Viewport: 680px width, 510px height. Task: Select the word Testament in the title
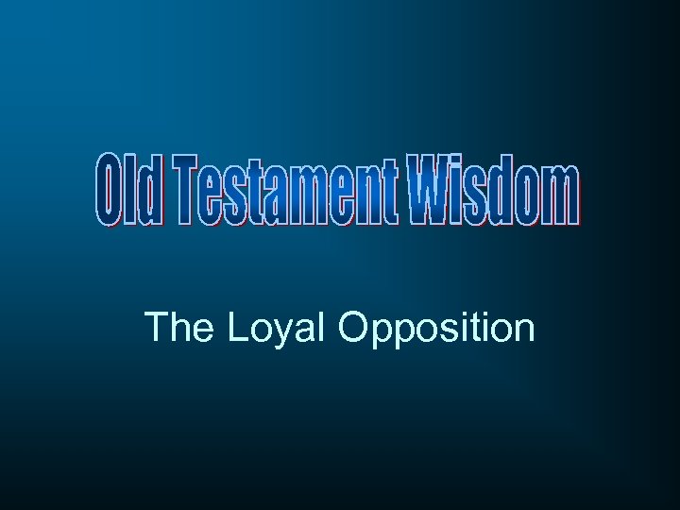pyautogui.click(x=284, y=194)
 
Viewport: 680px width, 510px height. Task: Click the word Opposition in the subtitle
pyautogui.click(x=435, y=329)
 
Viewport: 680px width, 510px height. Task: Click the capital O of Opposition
pyautogui.click(x=352, y=328)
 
